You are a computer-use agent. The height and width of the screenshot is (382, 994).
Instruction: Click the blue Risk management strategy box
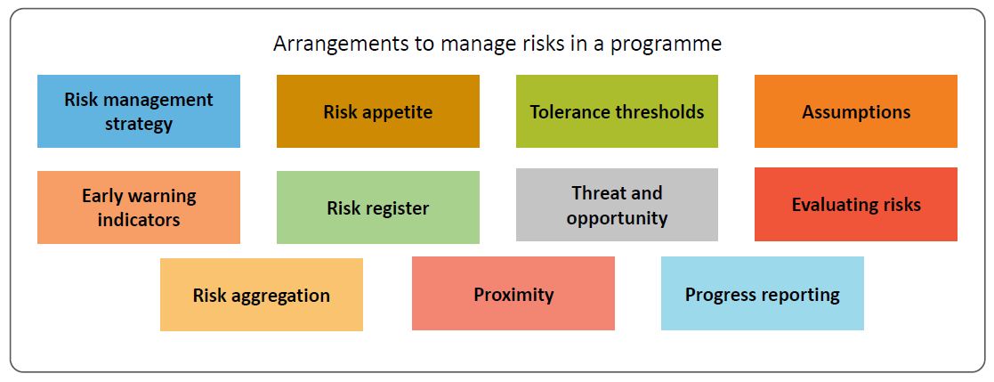click(138, 111)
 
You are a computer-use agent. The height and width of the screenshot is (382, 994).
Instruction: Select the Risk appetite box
click(377, 111)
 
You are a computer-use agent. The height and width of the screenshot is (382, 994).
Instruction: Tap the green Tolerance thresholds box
click(617, 111)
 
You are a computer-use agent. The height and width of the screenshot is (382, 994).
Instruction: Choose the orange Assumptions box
click(855, 111)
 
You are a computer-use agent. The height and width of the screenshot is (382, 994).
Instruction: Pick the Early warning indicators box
click(138, 207)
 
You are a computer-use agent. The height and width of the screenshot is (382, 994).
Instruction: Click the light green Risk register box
click(377, 207)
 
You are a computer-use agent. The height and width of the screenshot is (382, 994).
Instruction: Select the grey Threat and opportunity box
click(617, 205)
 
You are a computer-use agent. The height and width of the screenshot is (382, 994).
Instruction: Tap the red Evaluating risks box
click(855, 205)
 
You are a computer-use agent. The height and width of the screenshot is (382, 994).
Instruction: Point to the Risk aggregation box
click(261, 295)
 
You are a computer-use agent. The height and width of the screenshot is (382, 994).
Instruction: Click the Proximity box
click(513, 294)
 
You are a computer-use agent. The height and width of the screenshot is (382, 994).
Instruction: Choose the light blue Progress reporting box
click(762, 294)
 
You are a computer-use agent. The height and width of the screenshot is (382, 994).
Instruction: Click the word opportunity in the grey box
click(617, 218)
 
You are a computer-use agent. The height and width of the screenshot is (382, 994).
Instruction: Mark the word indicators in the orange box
click(138, 219)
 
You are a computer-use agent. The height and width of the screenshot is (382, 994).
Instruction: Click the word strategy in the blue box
click(138, 124)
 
